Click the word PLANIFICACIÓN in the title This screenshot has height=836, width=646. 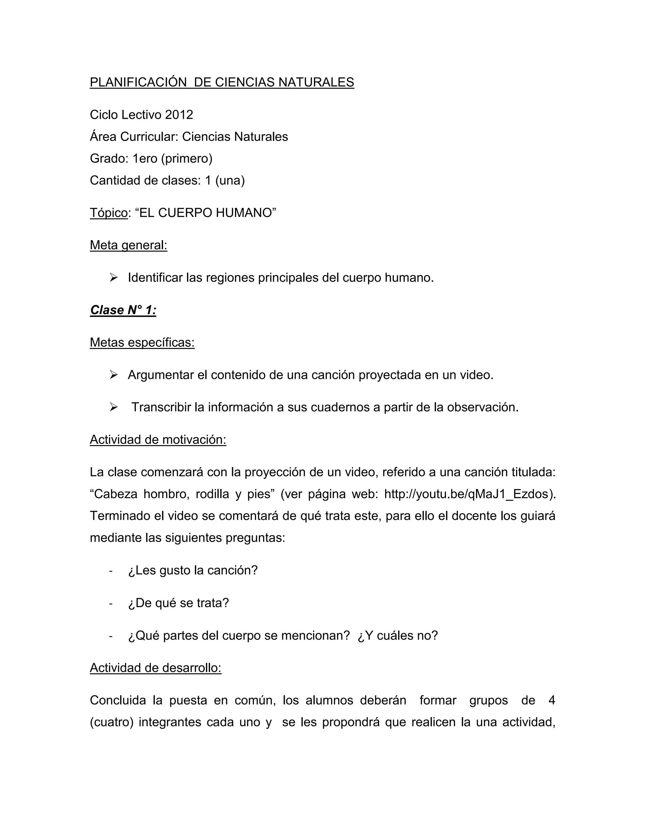(138, 82)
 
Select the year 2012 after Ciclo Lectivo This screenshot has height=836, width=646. (179, 115)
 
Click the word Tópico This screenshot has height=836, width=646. (109, 213)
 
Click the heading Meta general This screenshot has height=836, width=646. (129, 245)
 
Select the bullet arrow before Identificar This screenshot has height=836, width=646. (113, 278)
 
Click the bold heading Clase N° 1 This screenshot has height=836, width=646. (123, 310)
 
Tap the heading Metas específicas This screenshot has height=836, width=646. (142, 343)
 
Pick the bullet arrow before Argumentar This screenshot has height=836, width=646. (113, 375)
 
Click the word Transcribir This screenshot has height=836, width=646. (161, 407)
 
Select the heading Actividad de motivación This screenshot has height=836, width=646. (158, 440)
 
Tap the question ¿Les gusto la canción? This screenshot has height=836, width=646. (193, 570)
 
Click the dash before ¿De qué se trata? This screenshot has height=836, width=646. (111, 603)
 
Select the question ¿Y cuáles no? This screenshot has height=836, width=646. (398, 636)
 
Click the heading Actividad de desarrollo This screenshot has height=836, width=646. (156, 668)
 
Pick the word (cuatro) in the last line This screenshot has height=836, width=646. (111, 722)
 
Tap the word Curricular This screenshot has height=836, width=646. (149, 137)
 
